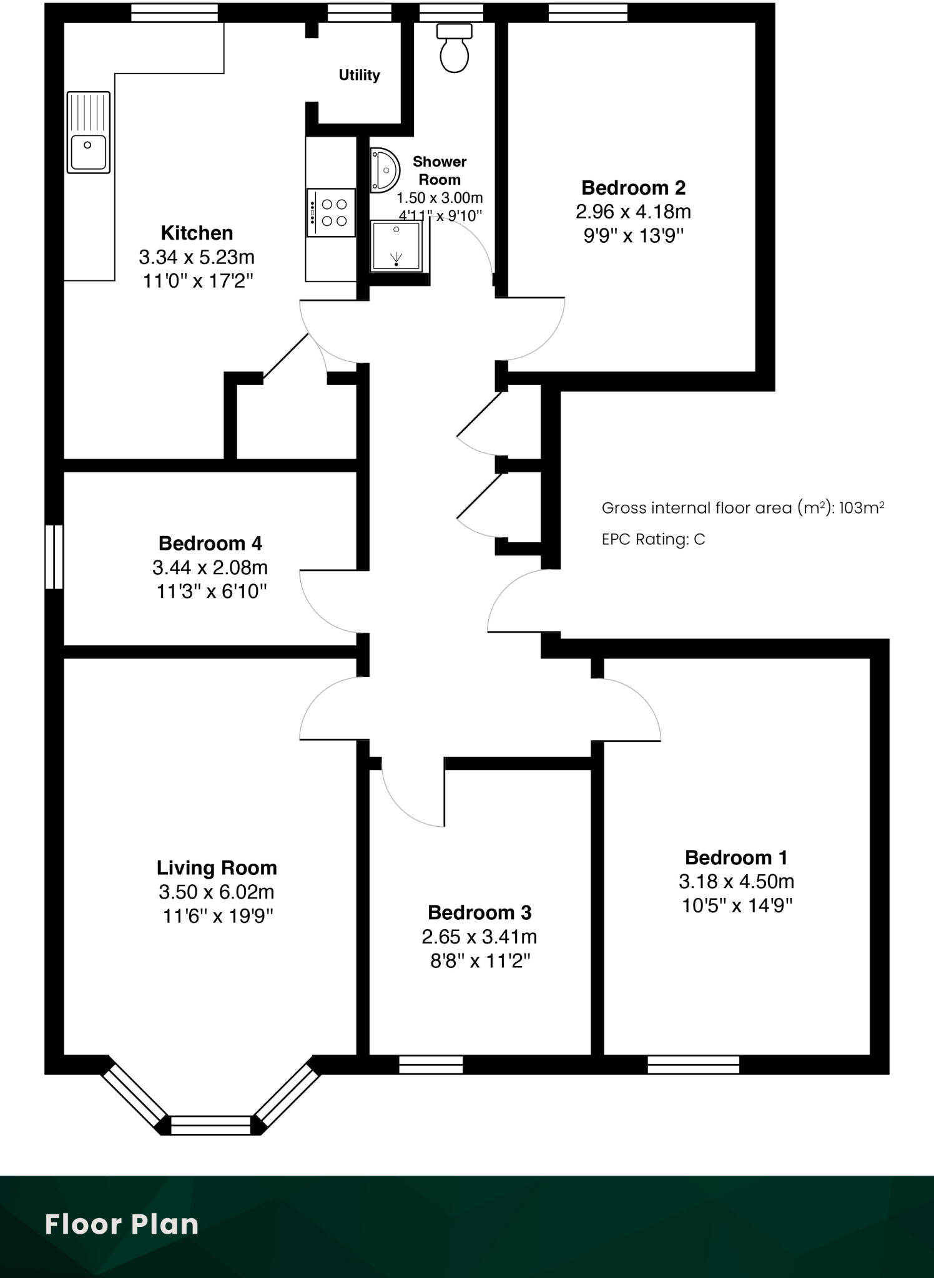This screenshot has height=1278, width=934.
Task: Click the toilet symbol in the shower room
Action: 454,49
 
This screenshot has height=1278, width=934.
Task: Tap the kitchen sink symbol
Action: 88,132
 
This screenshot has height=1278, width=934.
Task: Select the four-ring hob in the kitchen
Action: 332,213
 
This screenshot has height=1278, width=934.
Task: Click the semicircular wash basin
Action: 383,170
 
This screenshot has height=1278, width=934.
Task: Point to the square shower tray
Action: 396,246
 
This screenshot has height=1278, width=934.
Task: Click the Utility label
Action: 359,76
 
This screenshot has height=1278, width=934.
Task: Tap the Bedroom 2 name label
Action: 633,188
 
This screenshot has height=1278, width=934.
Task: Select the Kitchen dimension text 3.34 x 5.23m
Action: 197,257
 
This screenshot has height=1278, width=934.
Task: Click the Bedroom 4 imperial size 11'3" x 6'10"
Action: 211,591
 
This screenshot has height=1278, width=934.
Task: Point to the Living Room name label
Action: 217,867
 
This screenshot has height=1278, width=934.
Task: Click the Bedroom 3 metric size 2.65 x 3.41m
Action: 479,937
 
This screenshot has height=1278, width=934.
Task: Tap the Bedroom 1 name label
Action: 736,857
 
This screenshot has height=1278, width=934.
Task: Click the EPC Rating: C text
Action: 653,539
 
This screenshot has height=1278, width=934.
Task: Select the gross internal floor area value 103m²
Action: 861,508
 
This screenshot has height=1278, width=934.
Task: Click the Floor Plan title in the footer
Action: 122,1224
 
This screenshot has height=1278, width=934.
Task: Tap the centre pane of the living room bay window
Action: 210,1125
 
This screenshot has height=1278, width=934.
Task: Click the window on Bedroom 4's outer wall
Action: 54,557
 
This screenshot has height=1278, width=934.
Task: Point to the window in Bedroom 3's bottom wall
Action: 431,1065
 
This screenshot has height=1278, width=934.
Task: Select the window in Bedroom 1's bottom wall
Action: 693,1065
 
